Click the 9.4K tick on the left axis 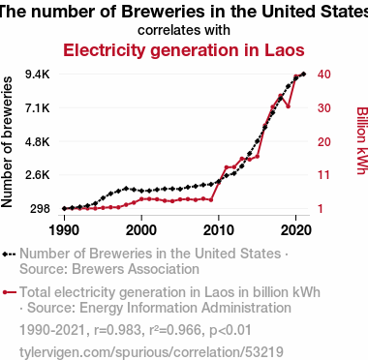[38, 75]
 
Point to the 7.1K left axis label [38, 108]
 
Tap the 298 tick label [40, 209]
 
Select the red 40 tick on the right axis [323, 75]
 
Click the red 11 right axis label [323, 175]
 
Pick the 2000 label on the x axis [141, 230]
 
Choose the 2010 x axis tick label [219, 230]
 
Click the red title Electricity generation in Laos [184, 50]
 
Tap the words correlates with [184, 30]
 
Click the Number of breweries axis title [7, 142]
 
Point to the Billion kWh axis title [362, 140]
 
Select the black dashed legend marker [9, 255]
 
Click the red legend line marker [9, 292]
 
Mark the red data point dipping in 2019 [288, 106]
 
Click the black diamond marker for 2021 [303, 75]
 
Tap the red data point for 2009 [211, 200]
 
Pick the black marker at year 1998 [126, 189]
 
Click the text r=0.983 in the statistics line [118, 330]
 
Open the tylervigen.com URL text [151, 352]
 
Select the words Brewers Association [136, 269]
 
